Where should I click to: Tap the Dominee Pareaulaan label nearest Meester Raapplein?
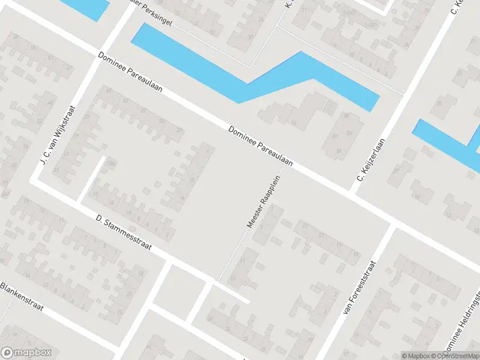[260, 146]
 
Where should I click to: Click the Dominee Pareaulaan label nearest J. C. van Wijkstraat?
[131, 73]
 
